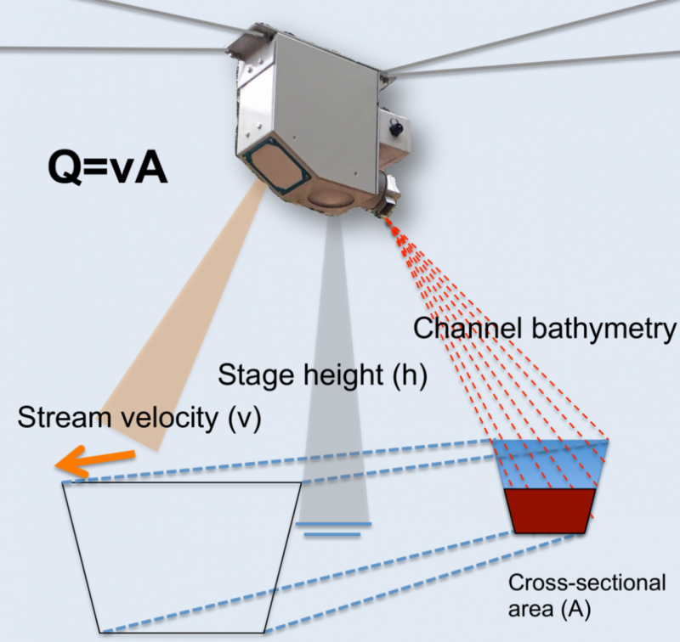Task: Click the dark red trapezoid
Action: pos(549,510)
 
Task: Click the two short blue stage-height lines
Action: pos(333,529)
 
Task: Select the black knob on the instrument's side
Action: pos(396,128)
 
